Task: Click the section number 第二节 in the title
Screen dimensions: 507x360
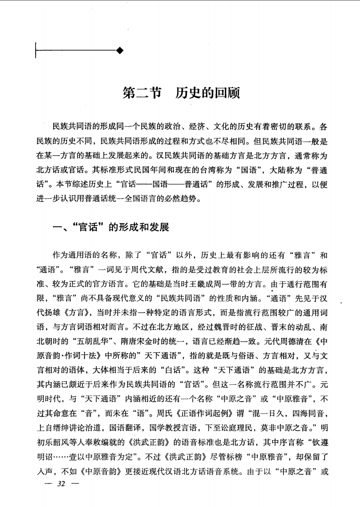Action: pyautogui.click(x=141, y=93)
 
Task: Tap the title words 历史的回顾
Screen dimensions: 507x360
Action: pyautogui.click(x=208, y=93)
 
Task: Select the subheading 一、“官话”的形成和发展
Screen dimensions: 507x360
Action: pyautogui.click(x=111, y=227)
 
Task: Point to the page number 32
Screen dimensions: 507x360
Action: pyautogui.click(x=61, y=483)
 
